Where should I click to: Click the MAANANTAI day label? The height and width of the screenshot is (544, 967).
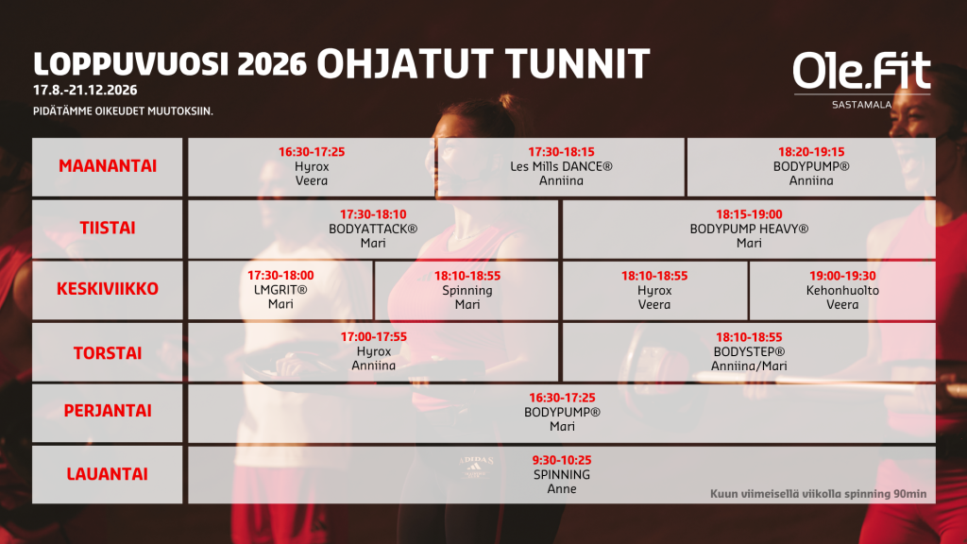click(x=108, y=166)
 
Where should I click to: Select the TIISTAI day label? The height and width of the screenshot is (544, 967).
click(x=108, y=229)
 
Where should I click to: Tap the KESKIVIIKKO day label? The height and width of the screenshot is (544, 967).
click(x=108, y=289)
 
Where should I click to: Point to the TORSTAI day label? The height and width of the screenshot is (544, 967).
click(x=108, y=353)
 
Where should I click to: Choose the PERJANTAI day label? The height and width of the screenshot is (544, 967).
click(x=108, y=411)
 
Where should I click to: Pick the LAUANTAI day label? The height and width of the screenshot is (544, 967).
click(x=108, y=474)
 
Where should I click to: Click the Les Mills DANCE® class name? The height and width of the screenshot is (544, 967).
click(x=561, y=166)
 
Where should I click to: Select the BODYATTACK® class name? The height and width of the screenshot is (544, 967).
click(x=373, y=229)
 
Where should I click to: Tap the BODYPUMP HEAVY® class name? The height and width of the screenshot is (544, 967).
click(x=749, y=229)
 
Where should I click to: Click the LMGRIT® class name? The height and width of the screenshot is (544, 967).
click(x=280, y=290)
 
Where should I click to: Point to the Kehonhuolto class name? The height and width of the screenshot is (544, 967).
click(x=842, y=291)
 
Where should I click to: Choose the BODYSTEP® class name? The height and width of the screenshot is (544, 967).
click(x=749, y=351)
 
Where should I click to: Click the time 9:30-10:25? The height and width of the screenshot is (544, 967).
click(x=562, y=460)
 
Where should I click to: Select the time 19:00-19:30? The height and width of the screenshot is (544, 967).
click(x=842, y=276)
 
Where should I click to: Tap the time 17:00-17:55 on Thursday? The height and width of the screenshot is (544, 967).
click(x=374, y=337)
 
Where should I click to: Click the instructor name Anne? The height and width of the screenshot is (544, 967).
click(x=562, y=488)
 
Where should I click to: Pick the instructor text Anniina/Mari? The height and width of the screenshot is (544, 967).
click(x=749, y=365)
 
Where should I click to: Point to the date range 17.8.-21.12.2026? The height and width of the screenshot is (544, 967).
click(x=85, y=90)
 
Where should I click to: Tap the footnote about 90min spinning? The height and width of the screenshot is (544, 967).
click(x=819, y=493)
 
